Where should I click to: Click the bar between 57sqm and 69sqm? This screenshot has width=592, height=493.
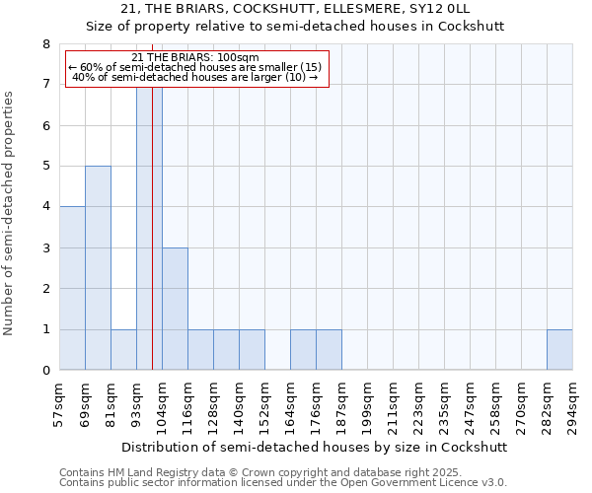coord(72,288)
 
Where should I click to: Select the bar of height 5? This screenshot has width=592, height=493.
coord(98,268)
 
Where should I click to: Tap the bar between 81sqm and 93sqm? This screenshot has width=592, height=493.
coord(123,349)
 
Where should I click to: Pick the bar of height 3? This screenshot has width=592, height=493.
coord(175,309)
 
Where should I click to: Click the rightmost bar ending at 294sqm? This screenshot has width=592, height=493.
coord(559,349)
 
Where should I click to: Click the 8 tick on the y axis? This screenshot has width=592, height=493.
coord(45,44)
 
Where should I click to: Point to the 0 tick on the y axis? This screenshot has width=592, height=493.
coord(45,371)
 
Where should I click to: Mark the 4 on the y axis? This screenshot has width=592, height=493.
coord(45,207)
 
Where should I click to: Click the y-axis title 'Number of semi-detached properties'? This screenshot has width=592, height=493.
coord(11,213)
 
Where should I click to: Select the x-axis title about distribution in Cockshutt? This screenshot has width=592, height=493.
coord(316,447)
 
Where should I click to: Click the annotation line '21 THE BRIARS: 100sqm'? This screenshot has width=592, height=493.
coord(194,57)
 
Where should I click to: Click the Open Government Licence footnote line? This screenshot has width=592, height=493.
coord(283,483)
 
